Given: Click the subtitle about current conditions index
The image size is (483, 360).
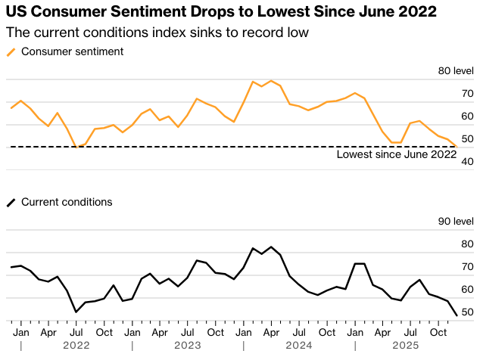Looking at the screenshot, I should (157, 34).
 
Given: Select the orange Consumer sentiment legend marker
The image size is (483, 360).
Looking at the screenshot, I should (11, 51).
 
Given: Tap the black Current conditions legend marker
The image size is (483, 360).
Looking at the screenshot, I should (11, 203).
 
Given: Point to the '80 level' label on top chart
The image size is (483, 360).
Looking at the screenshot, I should (456, 71).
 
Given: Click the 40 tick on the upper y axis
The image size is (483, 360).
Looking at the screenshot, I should (467, 162).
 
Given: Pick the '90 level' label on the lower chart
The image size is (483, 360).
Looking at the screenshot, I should (456, 222).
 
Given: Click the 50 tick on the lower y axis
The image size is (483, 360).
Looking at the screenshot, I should (467, 312).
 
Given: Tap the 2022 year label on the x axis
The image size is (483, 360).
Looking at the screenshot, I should (76, 346).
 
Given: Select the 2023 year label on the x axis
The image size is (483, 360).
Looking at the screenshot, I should (188, 346).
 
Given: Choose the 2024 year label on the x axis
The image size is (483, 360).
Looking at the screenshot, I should (300, 346).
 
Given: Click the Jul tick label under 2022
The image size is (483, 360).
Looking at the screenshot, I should (76, 331).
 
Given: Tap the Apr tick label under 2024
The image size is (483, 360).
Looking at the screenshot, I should (272, 331).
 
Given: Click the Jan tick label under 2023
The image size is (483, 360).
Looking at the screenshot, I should (132, 331).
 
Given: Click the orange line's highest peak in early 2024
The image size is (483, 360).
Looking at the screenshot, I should (271, 80).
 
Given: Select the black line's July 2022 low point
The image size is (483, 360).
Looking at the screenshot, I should (76, 312).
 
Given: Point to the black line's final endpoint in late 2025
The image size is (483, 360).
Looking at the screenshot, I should (457, 315).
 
